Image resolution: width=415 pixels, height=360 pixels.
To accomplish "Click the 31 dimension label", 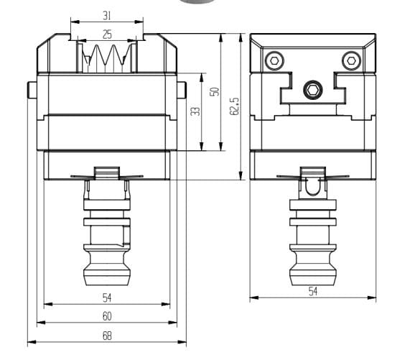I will (x=106, y=15).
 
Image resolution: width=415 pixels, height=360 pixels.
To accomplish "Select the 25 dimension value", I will (x=106, y=34).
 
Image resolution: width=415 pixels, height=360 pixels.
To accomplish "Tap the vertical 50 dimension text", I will (x=213, y=92).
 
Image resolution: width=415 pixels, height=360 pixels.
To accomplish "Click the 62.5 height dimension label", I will (x=234, y=106).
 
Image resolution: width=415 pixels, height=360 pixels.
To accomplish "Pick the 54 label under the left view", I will (x=106, y=297).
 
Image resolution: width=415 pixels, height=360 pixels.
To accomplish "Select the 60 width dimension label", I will (x=106, y=316).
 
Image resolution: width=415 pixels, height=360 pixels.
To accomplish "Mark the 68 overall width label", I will (x=106, y=335).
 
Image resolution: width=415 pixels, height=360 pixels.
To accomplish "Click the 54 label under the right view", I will (x=313, y=290).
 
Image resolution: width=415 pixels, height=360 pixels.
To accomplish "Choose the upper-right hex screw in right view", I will (x=350, y=59).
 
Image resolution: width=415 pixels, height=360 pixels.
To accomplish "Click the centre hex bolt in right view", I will (x=312, y=90).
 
